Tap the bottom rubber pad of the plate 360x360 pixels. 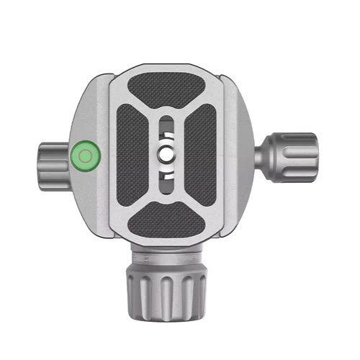click(166, 215)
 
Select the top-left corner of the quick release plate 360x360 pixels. click(115, 72)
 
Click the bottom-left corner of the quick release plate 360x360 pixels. click(115, 236)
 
